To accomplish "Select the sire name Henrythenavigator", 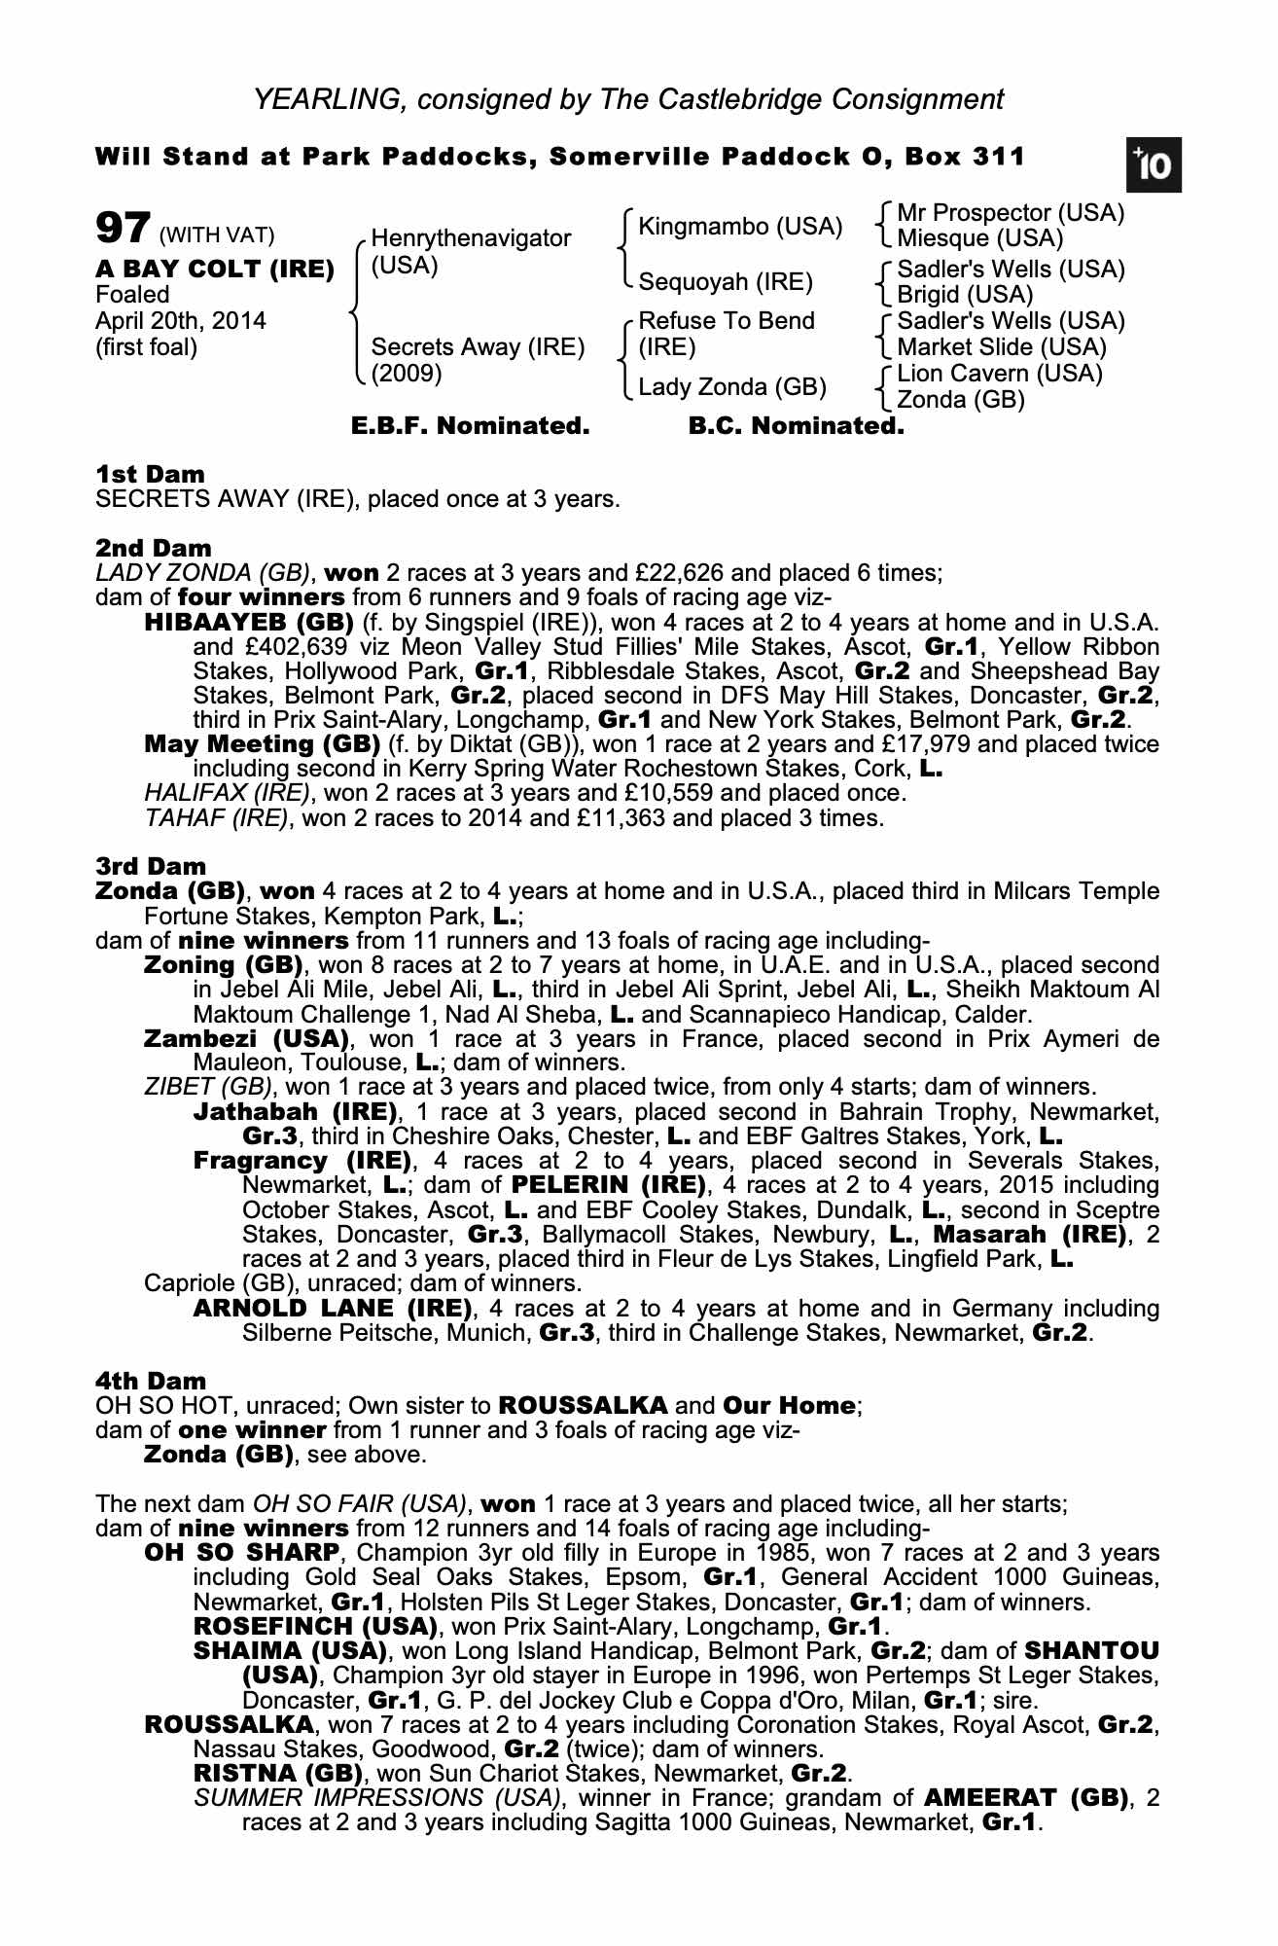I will (471, 238).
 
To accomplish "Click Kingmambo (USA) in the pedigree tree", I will (739, 227).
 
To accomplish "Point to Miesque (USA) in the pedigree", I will (979, 238).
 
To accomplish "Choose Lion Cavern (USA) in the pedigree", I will (999, 374).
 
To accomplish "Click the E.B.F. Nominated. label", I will (470, 426).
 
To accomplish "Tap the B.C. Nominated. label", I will (796, 426).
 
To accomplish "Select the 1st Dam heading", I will (150, 475).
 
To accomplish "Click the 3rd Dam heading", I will (151, 866).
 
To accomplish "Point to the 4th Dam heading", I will (151, 1381).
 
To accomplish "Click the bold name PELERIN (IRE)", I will (607, 1185).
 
